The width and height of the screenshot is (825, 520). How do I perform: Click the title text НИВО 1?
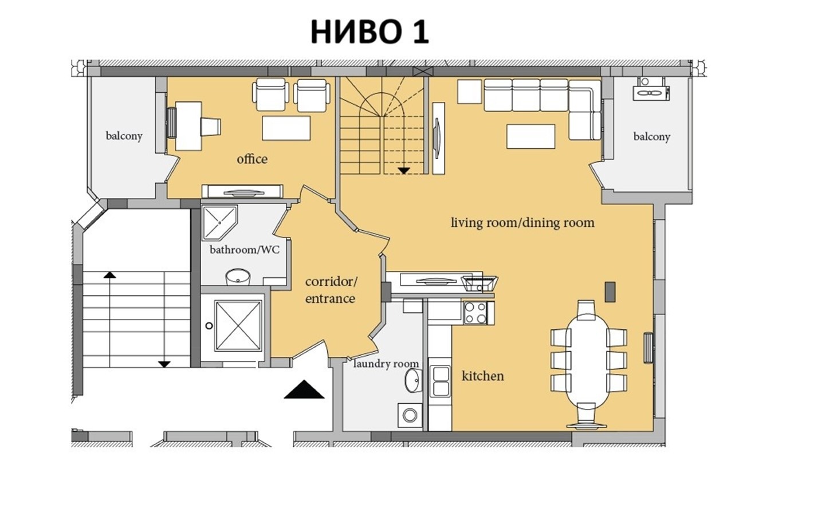click(370, 32)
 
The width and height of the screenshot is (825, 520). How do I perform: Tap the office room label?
click(252, 159)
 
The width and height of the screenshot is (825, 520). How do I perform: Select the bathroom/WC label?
click(245, 250)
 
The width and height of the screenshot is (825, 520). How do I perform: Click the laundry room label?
click(386, 364)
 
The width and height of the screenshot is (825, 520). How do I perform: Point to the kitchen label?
click(482, 376)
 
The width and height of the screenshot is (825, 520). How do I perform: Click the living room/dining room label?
click(522, 222)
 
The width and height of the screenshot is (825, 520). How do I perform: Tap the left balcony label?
click(124, 136)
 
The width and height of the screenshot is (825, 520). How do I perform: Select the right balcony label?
click(651, 136)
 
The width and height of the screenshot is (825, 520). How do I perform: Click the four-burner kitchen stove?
click(476, 313)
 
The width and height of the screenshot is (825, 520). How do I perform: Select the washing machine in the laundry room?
click(410, 414)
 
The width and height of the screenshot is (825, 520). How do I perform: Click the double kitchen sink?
click(440, 381)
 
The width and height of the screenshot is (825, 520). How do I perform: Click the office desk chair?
click(210, 127)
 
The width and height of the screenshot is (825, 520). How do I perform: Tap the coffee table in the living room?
click(530, 136)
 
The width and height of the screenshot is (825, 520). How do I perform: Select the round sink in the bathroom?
click(237, 277)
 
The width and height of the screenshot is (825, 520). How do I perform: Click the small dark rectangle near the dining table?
click(610, 291)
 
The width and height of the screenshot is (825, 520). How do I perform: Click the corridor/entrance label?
click(331, 290)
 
